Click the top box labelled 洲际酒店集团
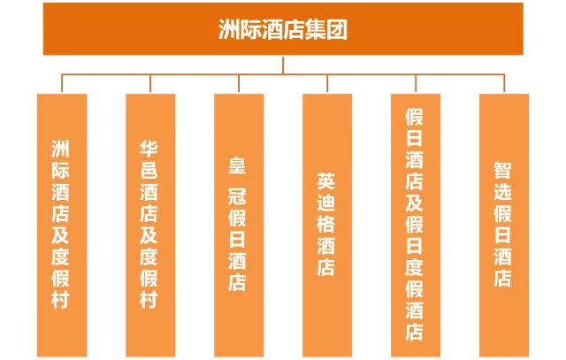283,31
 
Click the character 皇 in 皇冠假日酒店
237,165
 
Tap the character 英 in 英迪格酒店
326,180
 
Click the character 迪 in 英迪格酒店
326,203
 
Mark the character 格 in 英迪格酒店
326,224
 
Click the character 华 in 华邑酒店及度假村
149,148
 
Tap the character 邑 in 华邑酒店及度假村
149,170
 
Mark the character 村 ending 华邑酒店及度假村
149,300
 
